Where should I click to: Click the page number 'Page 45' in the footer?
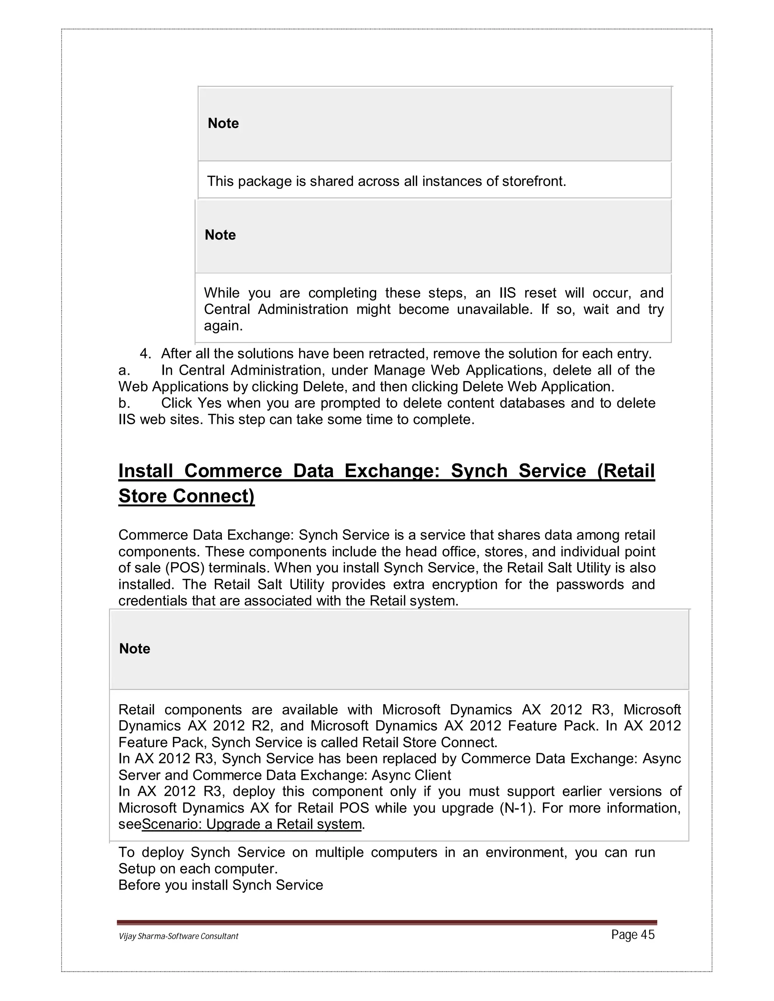tap(632, 935)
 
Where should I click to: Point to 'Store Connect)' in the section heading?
tap(186, 496)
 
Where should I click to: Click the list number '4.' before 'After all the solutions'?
tap(146, 354)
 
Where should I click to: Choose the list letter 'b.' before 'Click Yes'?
tap(124, 403)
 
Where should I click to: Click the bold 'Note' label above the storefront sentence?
tap(223, 123)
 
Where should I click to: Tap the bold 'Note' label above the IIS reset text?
tap(220, 235)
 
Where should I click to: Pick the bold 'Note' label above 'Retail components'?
tap(134, 649)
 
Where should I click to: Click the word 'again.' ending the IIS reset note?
tap(223, 326)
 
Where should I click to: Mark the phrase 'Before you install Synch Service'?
tap(221, 885)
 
